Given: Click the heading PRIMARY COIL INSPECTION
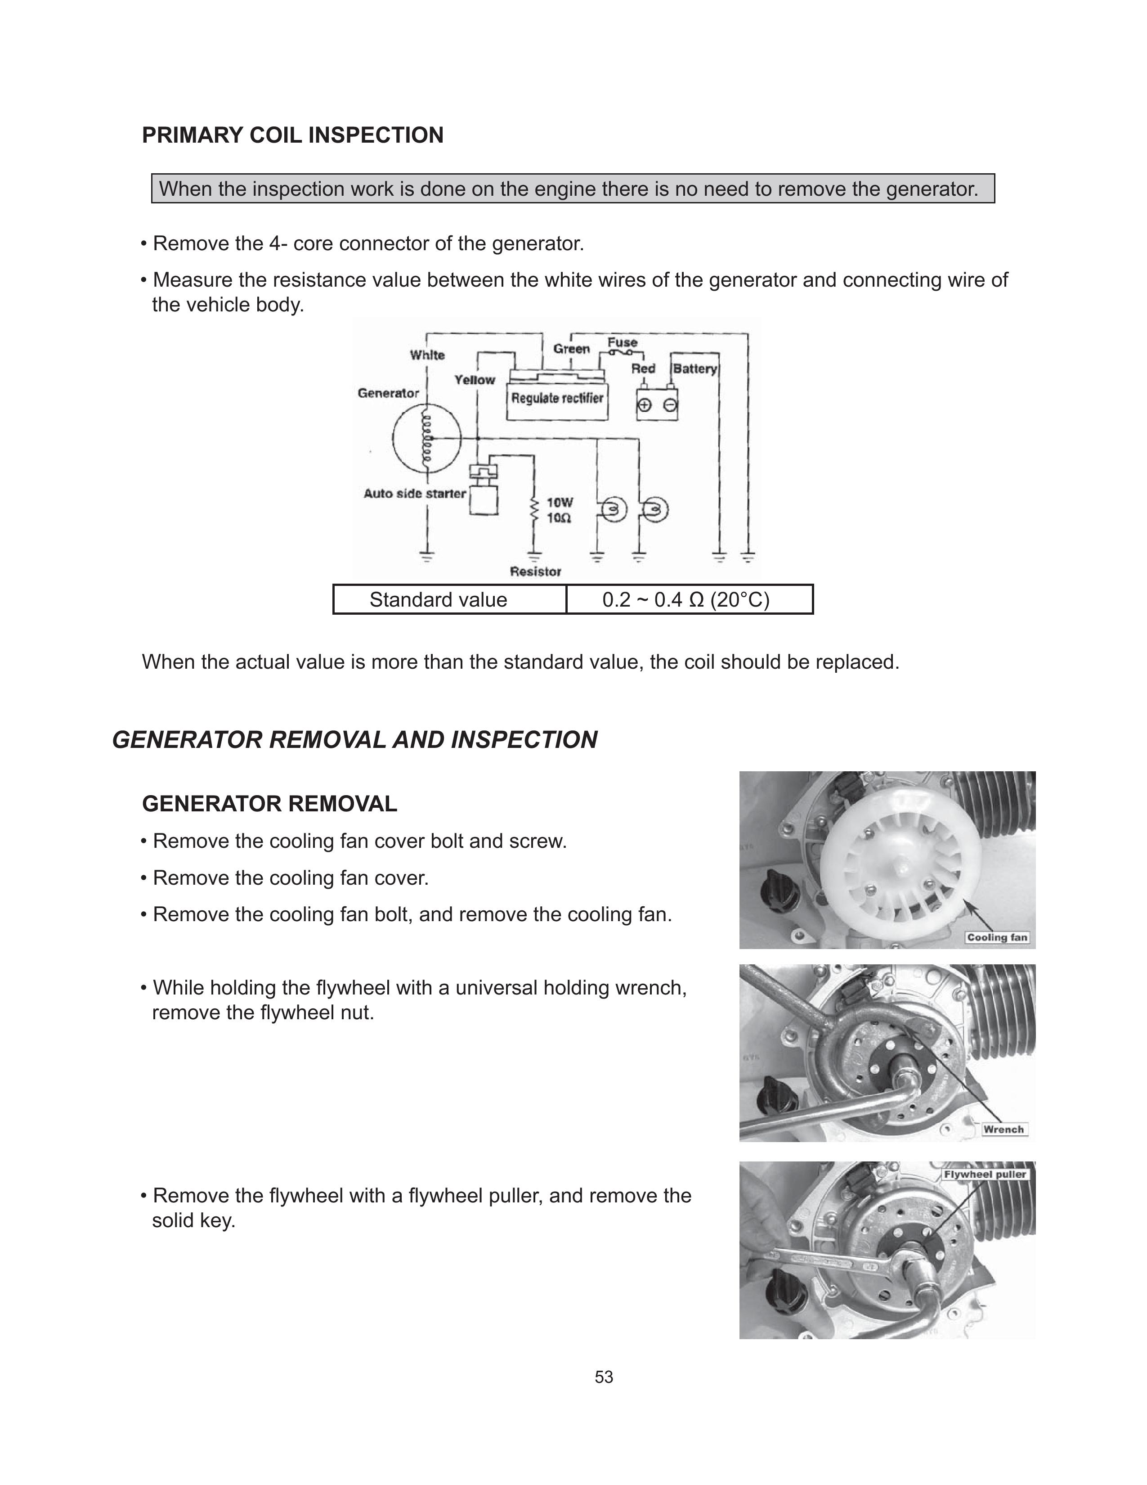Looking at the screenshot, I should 292,135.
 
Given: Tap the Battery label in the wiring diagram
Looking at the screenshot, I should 694,369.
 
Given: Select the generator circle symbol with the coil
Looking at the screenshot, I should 427,439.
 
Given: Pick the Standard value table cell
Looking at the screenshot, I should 438,600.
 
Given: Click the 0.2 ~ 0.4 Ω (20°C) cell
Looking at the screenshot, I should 686,600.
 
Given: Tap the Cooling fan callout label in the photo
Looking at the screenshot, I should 997,938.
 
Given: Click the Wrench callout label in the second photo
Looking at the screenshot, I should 1003,1129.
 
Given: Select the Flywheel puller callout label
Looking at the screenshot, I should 985,1174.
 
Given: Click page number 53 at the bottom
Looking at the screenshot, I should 603,1377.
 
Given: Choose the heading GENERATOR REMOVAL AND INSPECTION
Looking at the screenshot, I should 355,740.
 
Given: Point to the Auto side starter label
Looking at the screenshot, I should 415,494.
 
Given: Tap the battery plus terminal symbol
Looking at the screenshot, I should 644,405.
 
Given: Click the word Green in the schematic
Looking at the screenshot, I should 571,349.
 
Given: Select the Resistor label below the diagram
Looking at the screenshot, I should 535,572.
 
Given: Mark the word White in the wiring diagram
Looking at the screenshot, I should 427,355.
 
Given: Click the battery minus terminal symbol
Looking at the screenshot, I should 670,405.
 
